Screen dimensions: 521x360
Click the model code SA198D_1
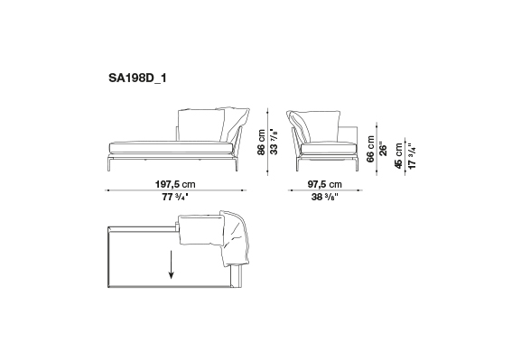(x=137, y=78)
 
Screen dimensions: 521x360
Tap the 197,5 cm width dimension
(x=175, y=184)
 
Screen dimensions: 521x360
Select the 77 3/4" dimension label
(x=175, y=197)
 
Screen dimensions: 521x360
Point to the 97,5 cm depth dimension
(x=324, y=184)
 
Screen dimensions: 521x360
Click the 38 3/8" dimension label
(x=324, y=197)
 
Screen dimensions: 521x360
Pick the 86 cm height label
(x=262, y=143)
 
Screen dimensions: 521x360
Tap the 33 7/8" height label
(x=274, y=142)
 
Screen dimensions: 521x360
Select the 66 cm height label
(x=370, y=149)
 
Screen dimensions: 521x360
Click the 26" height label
(x=383, y=150)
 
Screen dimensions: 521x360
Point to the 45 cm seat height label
(x=398, y=156)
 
